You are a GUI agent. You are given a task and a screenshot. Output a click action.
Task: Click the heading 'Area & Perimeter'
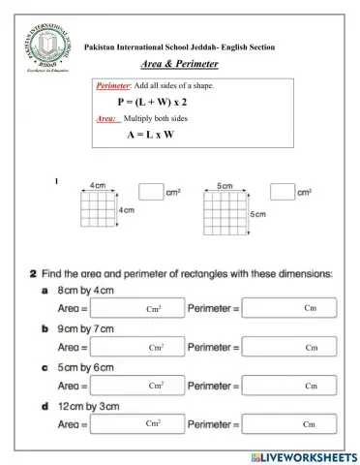point(180,64)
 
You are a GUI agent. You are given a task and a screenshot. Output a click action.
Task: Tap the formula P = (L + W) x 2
point(152,102)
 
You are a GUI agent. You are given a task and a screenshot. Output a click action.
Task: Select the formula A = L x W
point(150,135)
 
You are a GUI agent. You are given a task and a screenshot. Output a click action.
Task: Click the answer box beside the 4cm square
point(151,192)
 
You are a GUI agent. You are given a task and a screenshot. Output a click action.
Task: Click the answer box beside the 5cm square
point(282,192)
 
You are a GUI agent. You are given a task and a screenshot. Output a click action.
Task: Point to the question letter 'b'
point(45,328)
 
